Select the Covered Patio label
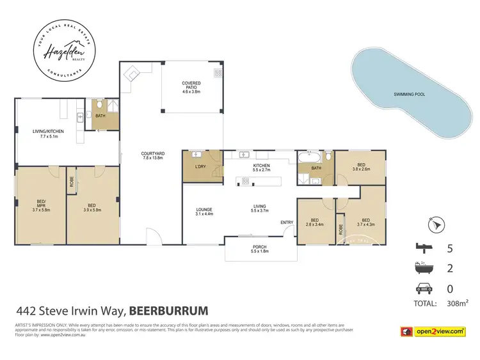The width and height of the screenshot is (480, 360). point(191,86)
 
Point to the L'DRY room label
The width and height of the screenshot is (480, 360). point(201,166)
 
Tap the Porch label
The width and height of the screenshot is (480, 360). point(260,249)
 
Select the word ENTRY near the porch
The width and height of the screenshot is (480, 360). point(286,222)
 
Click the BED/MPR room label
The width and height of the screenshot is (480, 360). point(40,205)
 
